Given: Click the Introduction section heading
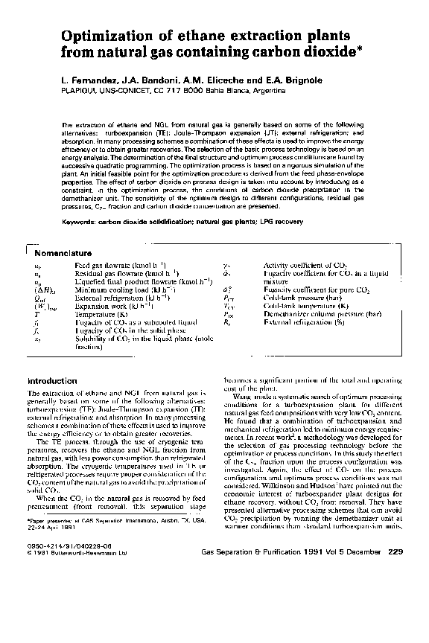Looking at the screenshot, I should pyautogui.click(x=52, y=381).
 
